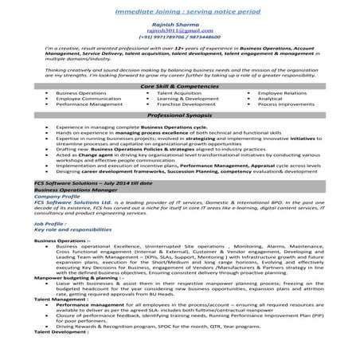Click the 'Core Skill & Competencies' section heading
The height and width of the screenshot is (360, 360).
[180, 107]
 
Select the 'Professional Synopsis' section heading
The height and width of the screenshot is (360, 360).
[180, 138]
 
